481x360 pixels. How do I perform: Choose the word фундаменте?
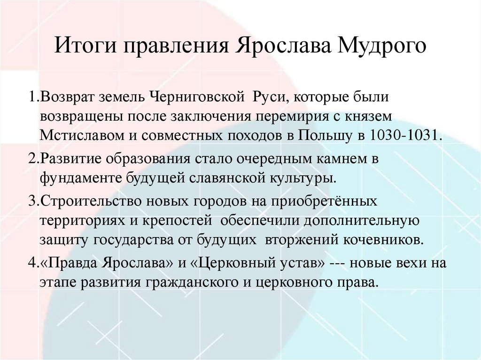tap(80, 179)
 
